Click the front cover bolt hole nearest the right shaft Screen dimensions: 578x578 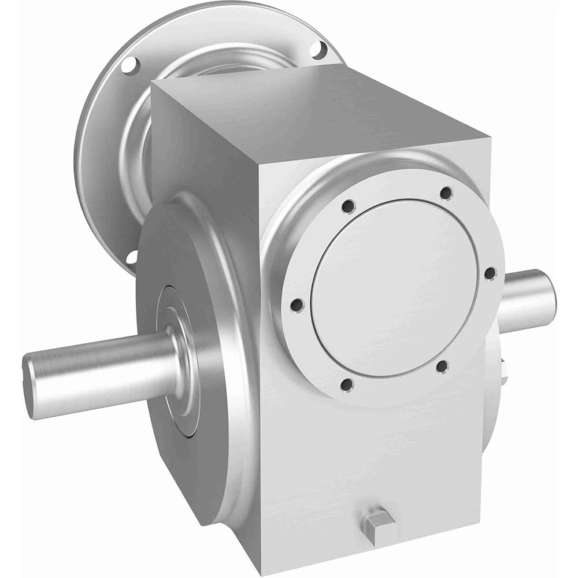(489, 272)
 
